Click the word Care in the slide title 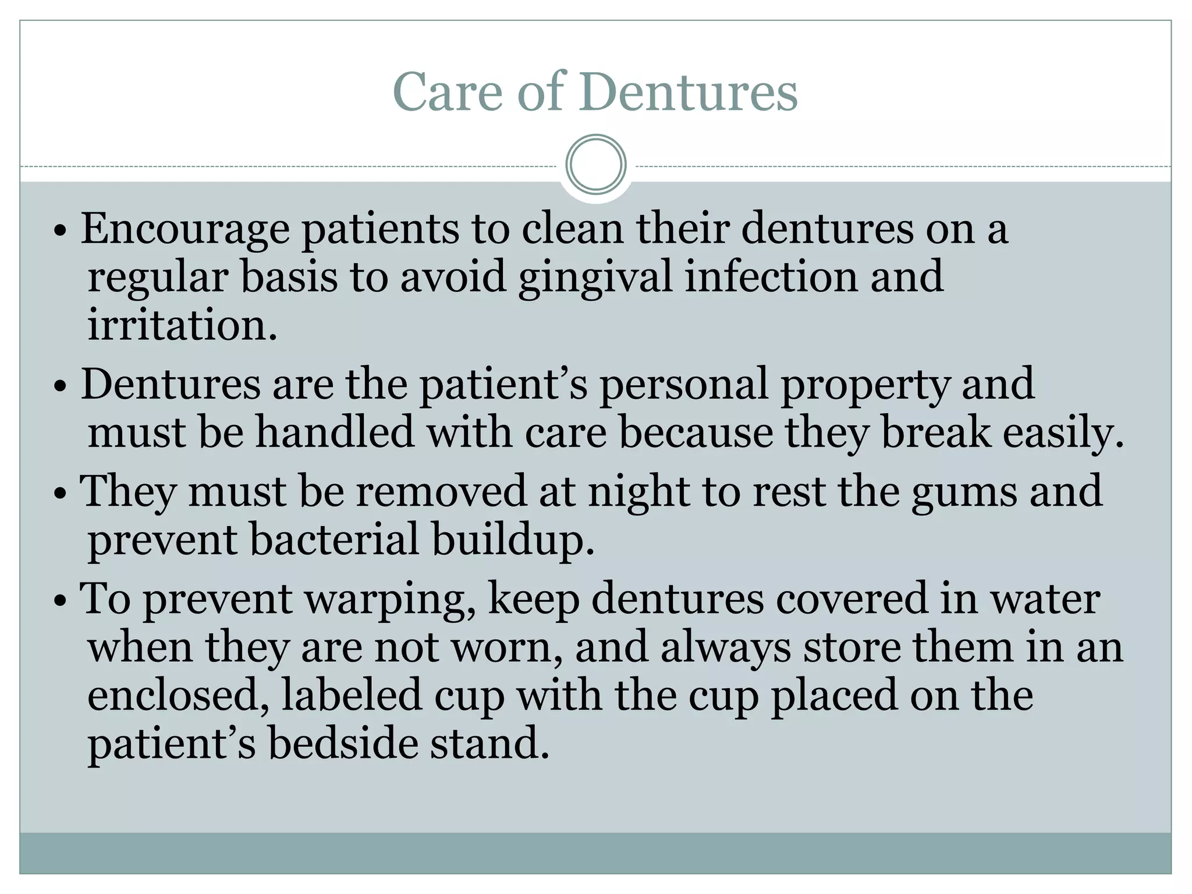[447, 92]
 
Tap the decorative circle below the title [595, 164]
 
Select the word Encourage [185, 230]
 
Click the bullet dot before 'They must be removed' [60, 494]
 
